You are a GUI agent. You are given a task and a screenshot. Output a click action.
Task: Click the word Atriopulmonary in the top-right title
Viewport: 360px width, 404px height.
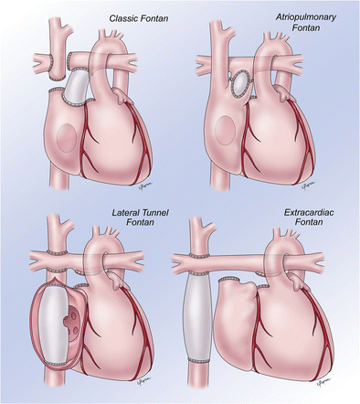click(x=306, y=17)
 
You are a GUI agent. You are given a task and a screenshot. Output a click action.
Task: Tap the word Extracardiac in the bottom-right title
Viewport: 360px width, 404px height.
click(x=309, y=212)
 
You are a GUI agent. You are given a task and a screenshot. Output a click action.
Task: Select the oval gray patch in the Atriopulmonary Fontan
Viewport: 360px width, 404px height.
click(x=240, y=83)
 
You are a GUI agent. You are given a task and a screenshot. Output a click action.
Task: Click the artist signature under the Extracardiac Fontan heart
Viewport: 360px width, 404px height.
click(x=324, y=381)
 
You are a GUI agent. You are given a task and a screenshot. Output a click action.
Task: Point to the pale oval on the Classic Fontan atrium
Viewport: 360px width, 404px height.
click(x=67, y=138)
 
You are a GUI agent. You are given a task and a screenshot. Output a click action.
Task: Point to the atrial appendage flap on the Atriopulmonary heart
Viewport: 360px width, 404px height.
click(x=284, y=93)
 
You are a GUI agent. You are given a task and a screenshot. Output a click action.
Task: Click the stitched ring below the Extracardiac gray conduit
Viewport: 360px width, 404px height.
click(x=198, y=361)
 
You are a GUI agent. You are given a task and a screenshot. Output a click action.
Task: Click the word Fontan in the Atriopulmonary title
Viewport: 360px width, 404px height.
click(x=306, y=27)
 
